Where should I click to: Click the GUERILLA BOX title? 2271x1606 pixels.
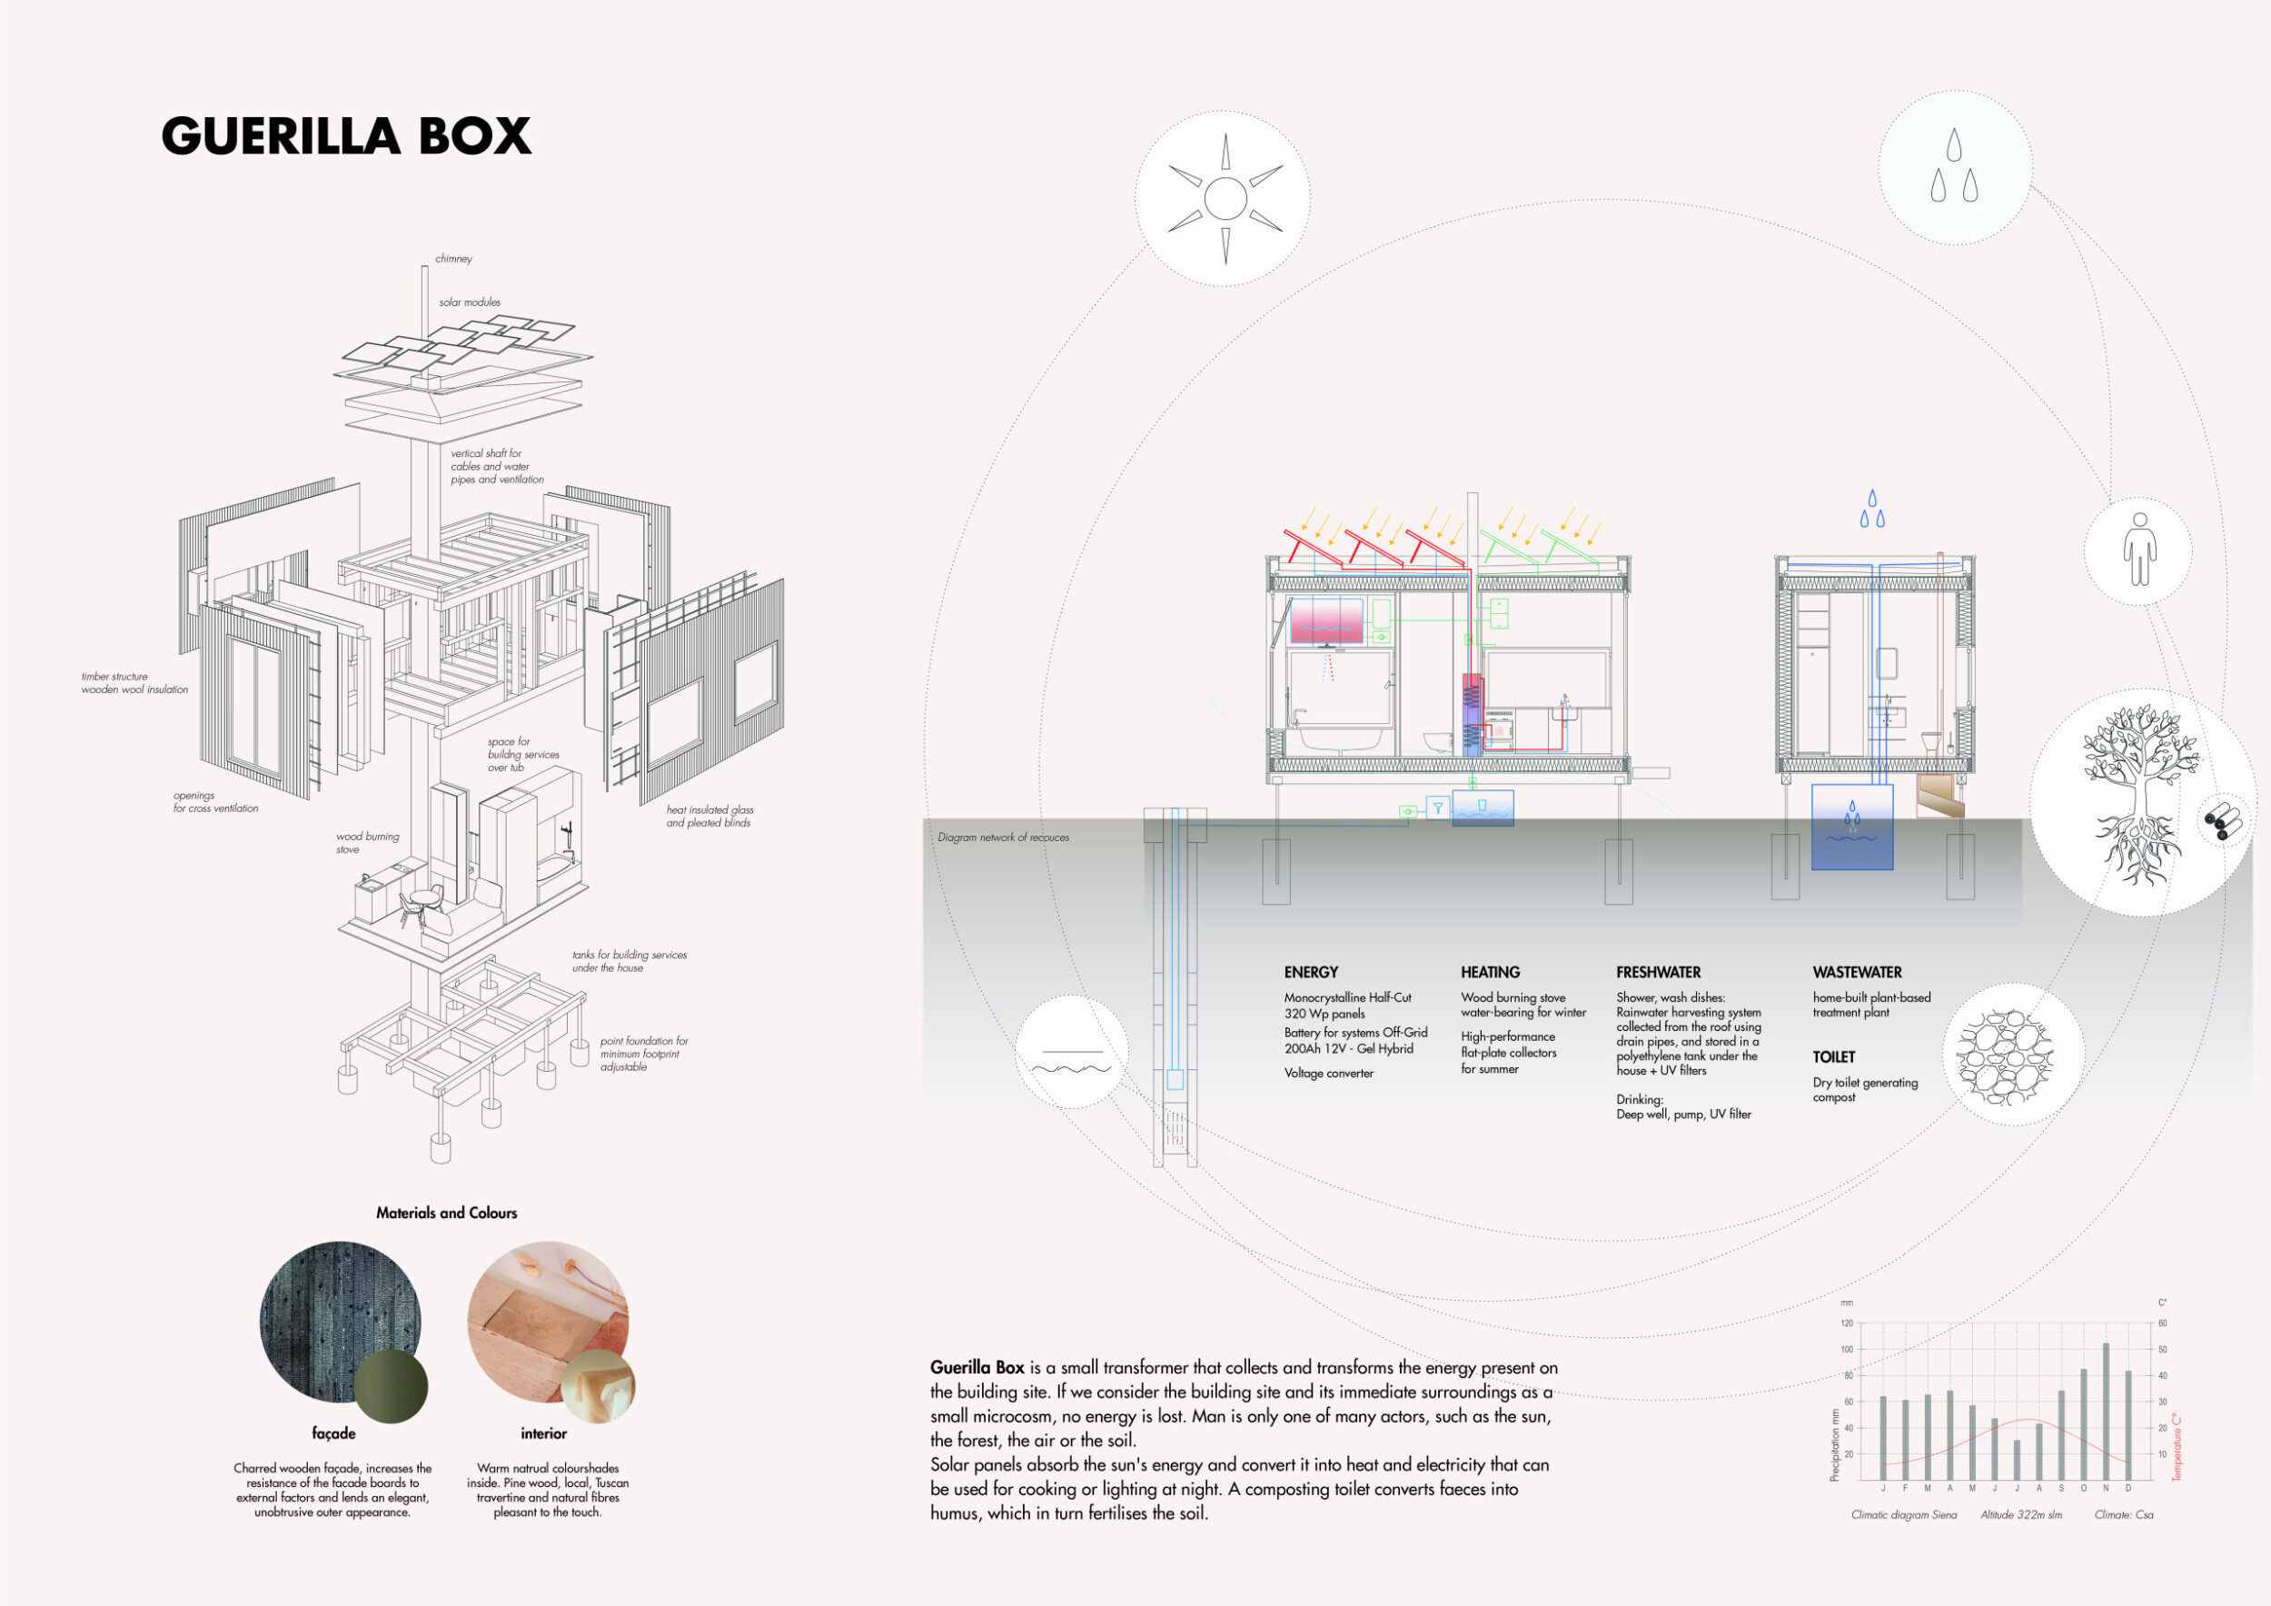coord(346,136)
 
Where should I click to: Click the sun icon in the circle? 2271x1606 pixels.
coord(1225,199)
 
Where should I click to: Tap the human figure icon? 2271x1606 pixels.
coord(2138,549)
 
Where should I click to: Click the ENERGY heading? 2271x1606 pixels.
coord(1311,972)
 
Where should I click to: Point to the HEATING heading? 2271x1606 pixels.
coord(1490,972)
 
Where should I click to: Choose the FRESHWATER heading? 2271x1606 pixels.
coord(1658,972)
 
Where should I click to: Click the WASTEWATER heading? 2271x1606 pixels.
coord(1857,972)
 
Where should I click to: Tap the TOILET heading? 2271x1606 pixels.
coord(1834,1057)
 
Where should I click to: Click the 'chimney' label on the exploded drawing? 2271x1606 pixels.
coord(454,259)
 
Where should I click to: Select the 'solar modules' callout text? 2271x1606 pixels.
coord(470,302)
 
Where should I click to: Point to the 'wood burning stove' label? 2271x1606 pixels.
coord(367,843)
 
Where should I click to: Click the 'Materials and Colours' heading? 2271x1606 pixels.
coord(446,1214)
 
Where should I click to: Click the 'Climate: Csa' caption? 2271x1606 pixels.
coord(2124,1515)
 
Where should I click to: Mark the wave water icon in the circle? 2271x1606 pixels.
coord(1071,1060)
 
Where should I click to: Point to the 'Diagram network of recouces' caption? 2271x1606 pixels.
coord(1003,838)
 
